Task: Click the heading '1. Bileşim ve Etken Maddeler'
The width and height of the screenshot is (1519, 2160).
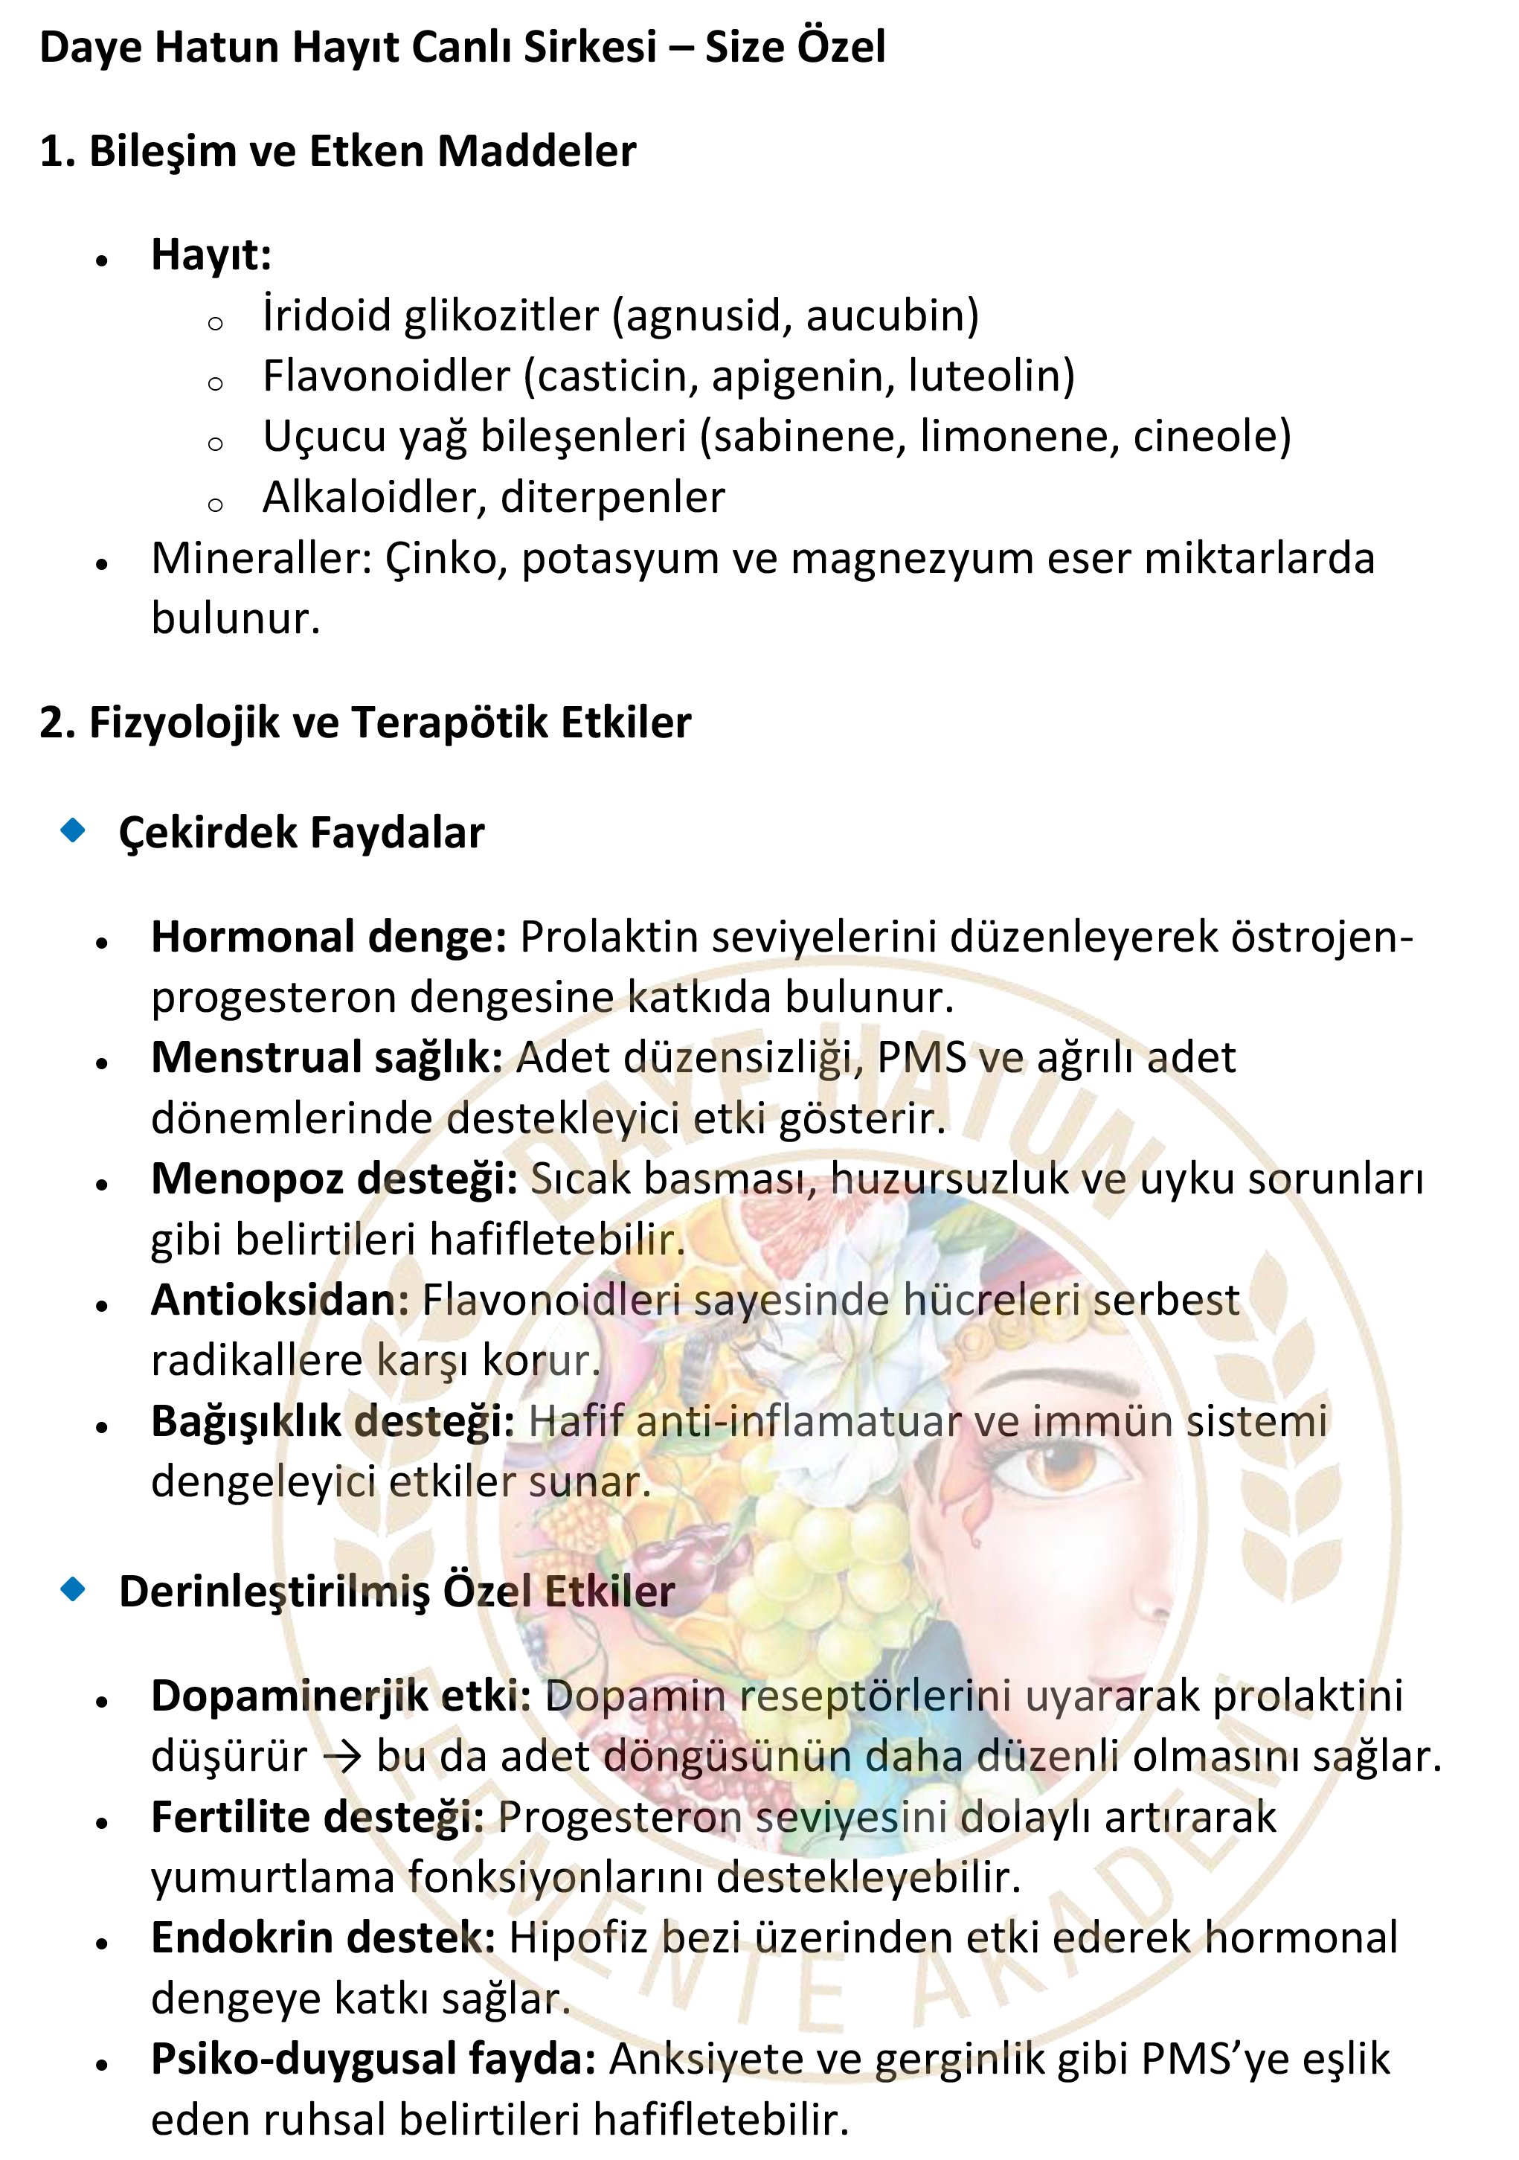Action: pyautogui.click(x=338, y=152)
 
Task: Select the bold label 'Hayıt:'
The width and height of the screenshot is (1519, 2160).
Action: pyautogui.click(x=211, y=255)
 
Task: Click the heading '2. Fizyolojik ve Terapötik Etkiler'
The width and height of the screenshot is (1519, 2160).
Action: pyautogui.click(x=365, y=723)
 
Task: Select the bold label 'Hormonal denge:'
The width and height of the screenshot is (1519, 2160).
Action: pyautogui.click(x=330, y=937)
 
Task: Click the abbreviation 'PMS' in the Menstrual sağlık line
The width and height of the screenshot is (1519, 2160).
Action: pyautogui.click(x=921, y=1058)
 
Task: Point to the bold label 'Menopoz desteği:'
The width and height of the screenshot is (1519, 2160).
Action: pyautogui.click(x=334, y=1180)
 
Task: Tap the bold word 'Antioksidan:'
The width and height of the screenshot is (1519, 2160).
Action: pyautogui.click(x=280, y=1301)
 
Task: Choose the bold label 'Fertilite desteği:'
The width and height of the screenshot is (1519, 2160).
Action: pyautogui.click(x=318, y=1818)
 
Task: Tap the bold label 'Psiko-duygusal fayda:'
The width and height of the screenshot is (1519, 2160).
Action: pyautogui.click(x=373, y=2060)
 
